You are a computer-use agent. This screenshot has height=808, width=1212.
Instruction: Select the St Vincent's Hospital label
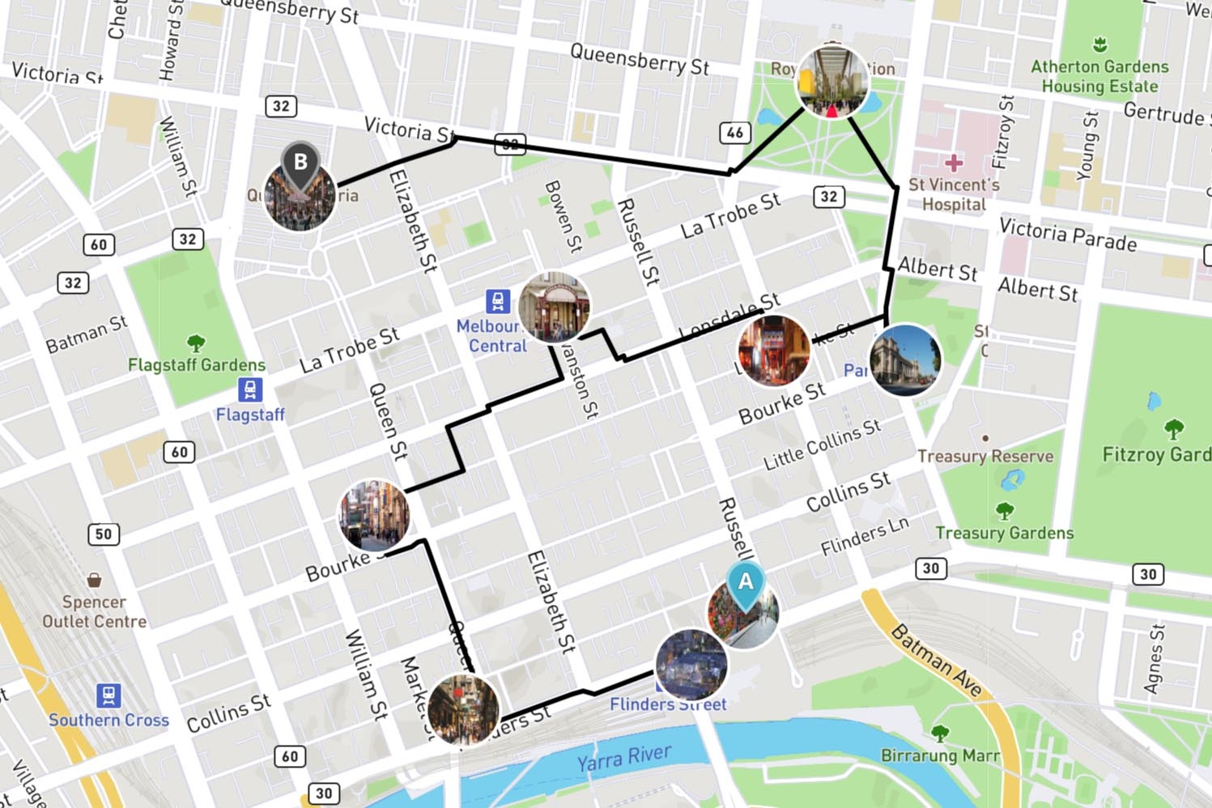[954, 194]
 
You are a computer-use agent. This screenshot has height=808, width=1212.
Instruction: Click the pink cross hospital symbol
[954, 163]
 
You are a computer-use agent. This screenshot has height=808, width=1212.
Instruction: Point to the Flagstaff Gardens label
[196, 365]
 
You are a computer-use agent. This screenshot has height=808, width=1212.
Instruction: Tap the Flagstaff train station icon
[250, 389]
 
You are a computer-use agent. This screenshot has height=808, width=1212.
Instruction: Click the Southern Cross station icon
[108, 695]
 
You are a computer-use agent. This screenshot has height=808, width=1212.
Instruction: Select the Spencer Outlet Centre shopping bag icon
[95, 580]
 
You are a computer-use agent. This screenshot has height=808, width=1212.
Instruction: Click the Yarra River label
[623, 758]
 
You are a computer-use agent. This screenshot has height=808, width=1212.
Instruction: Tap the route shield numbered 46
[734, 133]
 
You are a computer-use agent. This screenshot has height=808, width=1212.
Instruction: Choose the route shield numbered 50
[104, 534]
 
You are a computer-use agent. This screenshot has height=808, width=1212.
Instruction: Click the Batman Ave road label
[936, 661]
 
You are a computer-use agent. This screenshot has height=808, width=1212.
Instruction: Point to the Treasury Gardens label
[1004, 533]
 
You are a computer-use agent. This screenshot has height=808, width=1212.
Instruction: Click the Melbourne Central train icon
[498, 301]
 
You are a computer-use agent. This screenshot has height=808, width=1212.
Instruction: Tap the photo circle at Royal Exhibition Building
[832, 82]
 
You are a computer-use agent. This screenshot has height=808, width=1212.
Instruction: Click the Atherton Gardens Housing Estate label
[1099, 76]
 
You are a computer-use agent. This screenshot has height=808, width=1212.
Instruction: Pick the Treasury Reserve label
[984, 457]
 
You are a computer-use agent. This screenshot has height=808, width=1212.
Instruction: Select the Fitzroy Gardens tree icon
[1173, 428]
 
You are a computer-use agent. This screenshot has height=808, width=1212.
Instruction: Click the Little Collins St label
[821, 445]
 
